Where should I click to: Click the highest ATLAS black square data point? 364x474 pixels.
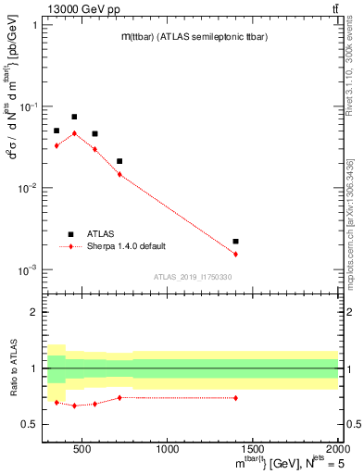pyautogui.click(x=74, y=117)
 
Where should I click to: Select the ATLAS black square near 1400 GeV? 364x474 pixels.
pyautogui.click(x=236, y=241)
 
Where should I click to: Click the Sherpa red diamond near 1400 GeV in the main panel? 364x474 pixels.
pyautogui.click(x=236, y=254)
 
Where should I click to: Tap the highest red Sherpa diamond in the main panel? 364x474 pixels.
pyautogui.click(x=74, y=133)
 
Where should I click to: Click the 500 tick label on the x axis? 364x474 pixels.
pyautogui.click(x=82, y=449)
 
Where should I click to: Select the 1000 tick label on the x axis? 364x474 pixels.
pyautogui.click(x=168, y=449)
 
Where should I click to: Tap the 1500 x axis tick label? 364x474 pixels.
pyautogui.click(x=253, y=449)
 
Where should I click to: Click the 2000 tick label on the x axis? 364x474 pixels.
pyautogui.click(x=337, y=449)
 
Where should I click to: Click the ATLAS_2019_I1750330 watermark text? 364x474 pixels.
pyautogui.click(x=193, y=277)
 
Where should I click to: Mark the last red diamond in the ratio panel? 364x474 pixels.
pyautogui.click(x=236, y=398)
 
